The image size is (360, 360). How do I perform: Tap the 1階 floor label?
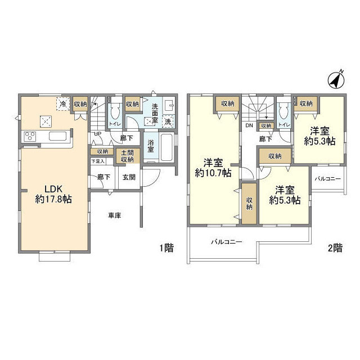167,248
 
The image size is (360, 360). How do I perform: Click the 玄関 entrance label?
129,177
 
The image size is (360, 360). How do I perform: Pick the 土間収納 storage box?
127,156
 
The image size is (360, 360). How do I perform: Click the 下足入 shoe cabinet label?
98,161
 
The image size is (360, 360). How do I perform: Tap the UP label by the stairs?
97,134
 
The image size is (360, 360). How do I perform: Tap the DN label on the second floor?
249,125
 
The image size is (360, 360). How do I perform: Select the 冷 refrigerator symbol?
64,103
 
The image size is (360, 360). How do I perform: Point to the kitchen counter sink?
58,136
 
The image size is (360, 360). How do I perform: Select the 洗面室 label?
155,113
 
